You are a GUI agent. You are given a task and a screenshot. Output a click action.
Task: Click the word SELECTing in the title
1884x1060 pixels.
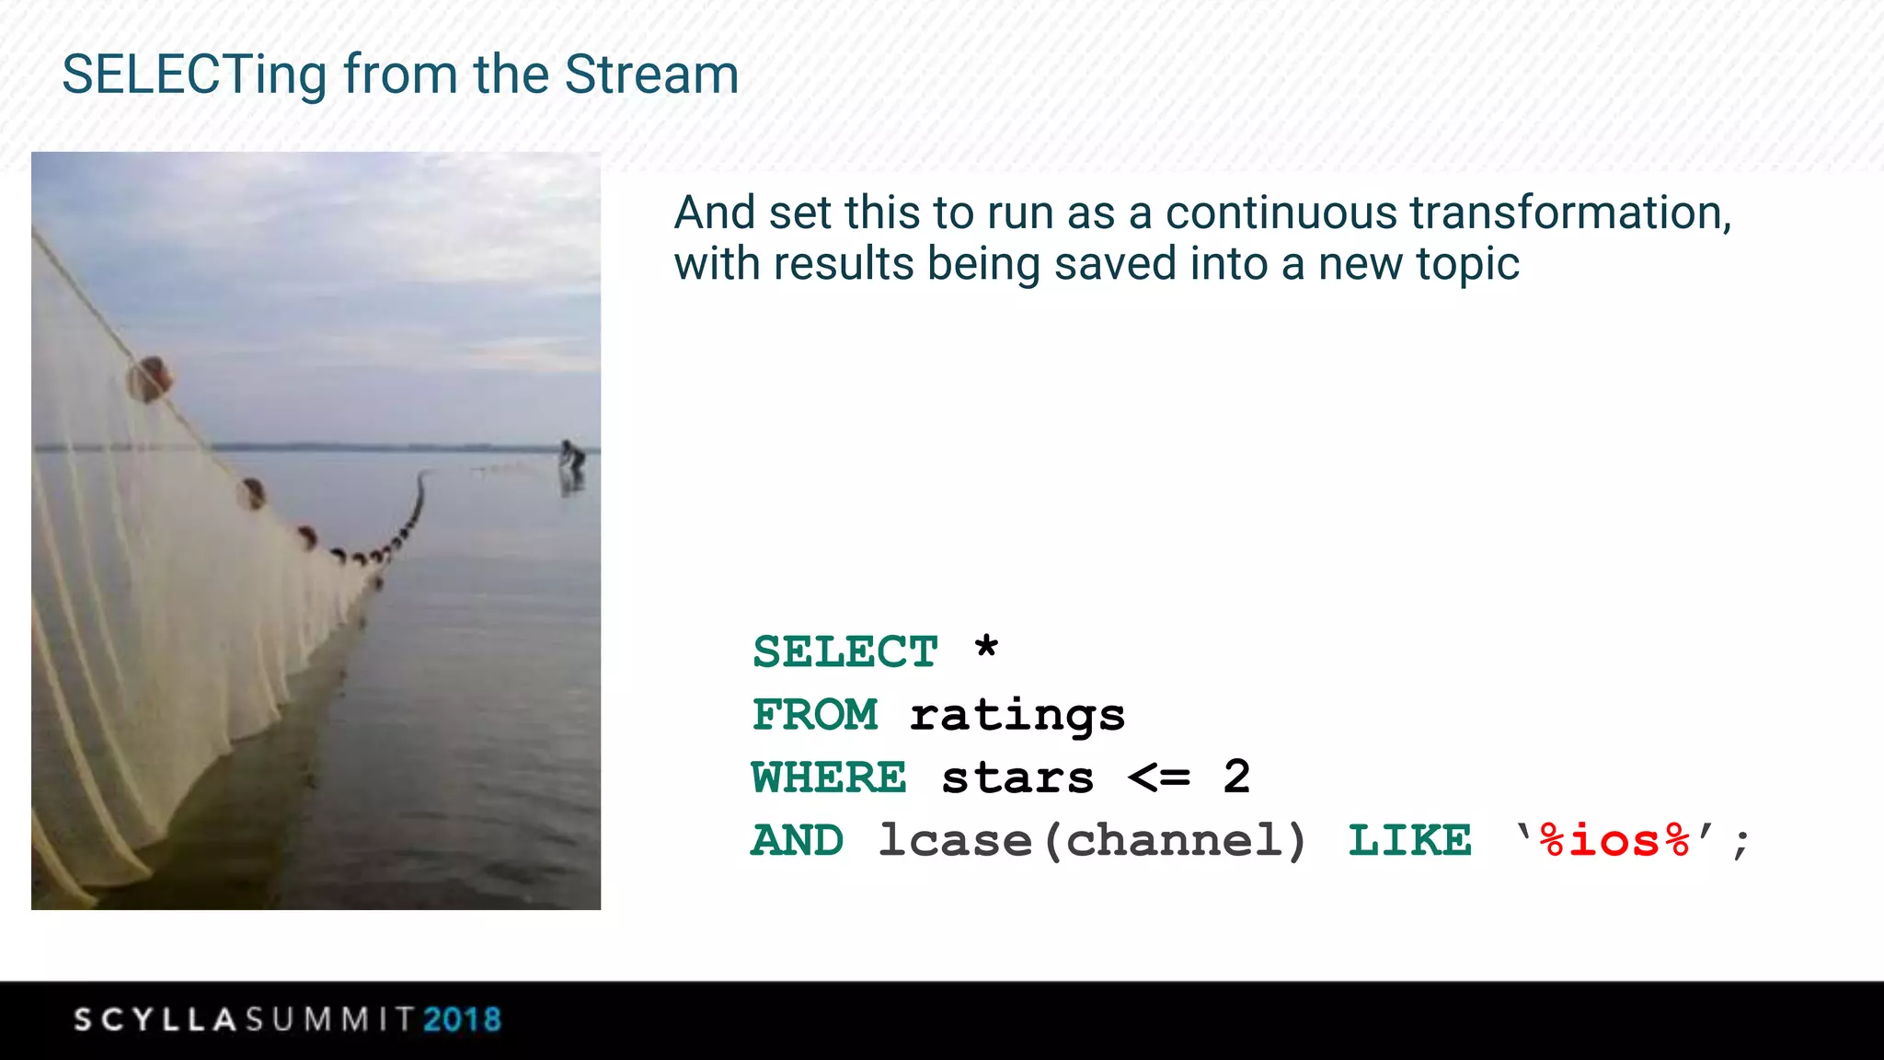[x=194, y=75]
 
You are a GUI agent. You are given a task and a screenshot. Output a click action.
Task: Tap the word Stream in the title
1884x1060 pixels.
[x=651, y=75]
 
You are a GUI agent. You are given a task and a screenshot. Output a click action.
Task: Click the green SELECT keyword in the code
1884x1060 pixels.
[x=844, y=652]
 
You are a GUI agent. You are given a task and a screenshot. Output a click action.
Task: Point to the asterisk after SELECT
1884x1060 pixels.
[x=986, y=647]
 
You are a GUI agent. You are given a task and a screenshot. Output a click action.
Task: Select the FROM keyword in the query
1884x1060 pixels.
[x=815, y=715]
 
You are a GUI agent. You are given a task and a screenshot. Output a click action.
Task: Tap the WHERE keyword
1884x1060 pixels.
[x=829, y=778]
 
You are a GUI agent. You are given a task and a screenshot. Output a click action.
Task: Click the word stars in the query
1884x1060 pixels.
[x=1017, y=778]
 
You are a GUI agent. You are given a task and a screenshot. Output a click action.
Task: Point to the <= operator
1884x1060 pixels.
[x=1159, y=778]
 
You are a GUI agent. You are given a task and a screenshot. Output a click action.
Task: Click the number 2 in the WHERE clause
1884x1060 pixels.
[x=1236, y=777]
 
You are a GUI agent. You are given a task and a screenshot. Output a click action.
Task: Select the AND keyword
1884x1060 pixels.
[x=798, y=840]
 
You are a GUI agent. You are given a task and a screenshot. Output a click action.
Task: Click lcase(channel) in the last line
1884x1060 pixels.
[x=1092, y=841]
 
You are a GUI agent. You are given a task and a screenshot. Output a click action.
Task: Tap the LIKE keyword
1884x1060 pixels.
[x=1409, y=841]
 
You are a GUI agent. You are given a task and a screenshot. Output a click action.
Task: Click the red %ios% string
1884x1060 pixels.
[x=1614, y=841]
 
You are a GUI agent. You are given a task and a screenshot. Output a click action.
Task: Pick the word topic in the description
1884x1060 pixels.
[x=1466, y=265]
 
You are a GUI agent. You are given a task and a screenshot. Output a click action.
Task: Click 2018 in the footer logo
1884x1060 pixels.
[x=462, y=1020]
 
